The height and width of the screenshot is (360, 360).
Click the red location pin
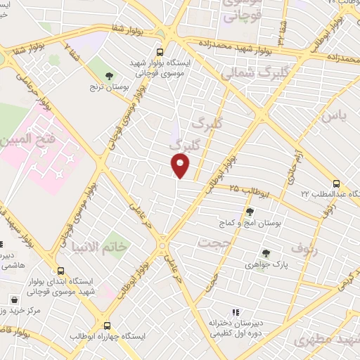click(x=181, y=165)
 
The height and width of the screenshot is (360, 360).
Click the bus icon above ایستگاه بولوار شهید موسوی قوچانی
click(x=160, y=51)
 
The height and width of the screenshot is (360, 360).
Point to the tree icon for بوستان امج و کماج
click(x=250, y=211)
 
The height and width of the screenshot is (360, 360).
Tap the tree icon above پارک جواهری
click(x=265, y=253)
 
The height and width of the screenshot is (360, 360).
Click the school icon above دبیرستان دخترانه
click(x=236, y=312)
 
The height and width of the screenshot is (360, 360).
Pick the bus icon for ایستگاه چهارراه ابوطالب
click(x=107, y=326)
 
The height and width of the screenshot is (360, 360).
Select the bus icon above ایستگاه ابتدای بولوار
click(x=60, y=270)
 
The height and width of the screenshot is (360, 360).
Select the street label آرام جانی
click(x=294, y=166)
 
